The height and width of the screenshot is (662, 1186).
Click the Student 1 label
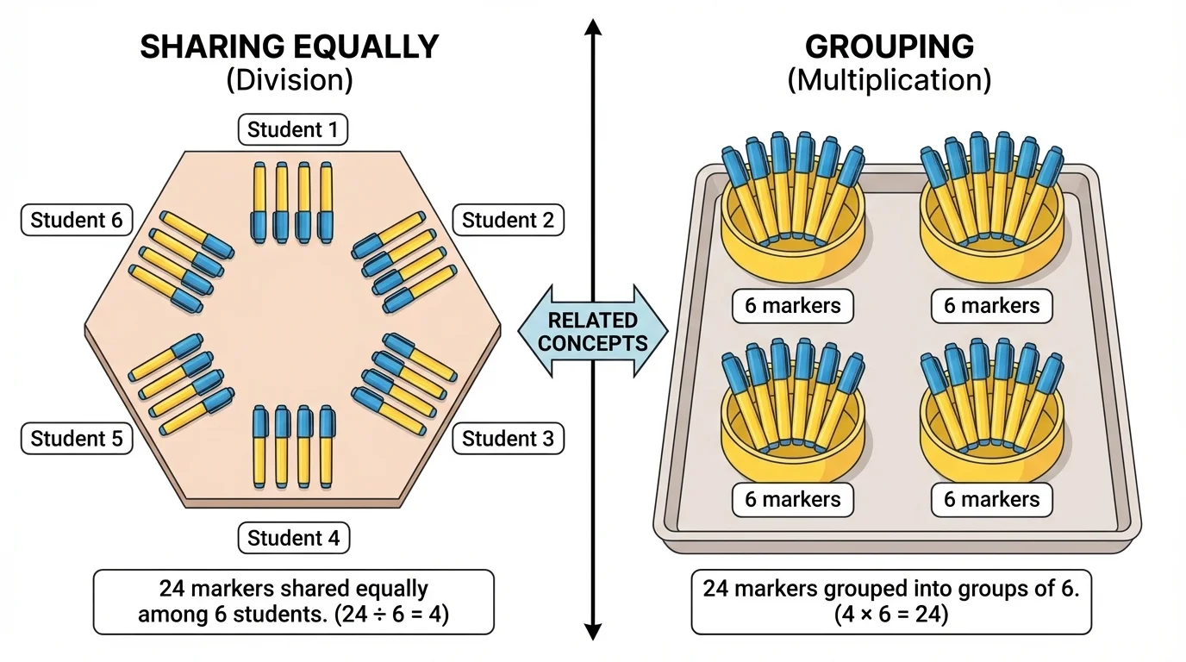pos(293,130)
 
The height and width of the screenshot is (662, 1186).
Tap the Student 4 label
pos(293,539)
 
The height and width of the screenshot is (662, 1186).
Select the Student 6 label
pos(76,220)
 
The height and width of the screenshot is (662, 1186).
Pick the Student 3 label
pos(508,439)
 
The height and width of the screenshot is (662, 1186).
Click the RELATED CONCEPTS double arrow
pos(593,331)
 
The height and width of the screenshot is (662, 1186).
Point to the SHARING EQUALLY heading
pos(290,47)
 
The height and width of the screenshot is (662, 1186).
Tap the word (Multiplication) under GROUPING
pos(889,80)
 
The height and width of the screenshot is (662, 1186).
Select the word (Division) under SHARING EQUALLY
pos(290,80)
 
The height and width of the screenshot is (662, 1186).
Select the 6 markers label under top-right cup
pos(991,305)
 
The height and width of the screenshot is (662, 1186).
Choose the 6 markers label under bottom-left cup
pos(793,499)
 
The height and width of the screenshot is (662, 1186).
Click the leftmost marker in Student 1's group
pos(259,203)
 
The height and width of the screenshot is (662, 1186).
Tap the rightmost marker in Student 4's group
pos(327,447)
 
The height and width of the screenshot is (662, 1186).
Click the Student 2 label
pos(508,220)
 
